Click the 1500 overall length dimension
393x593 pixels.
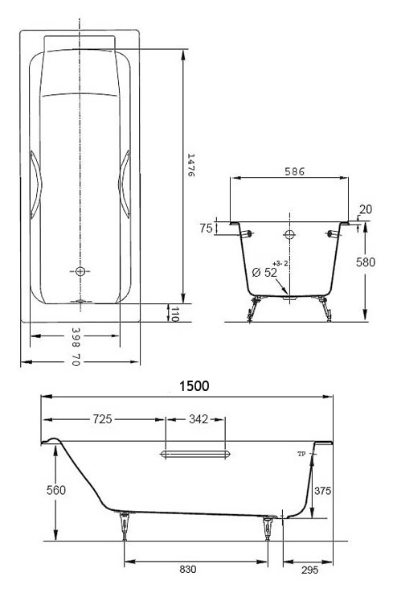coord(194,385)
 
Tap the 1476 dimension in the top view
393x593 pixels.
coord(190,165)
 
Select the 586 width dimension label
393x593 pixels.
coord(294,171)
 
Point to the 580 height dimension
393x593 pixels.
coord(366,262)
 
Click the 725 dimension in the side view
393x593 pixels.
coord(102,419)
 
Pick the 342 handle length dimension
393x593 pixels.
coord(199,419)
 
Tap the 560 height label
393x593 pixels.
coord(56,490)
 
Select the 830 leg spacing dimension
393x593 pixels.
coord(188,570)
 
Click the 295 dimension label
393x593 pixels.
coord(310,570)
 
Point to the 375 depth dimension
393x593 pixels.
coord(323,491)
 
